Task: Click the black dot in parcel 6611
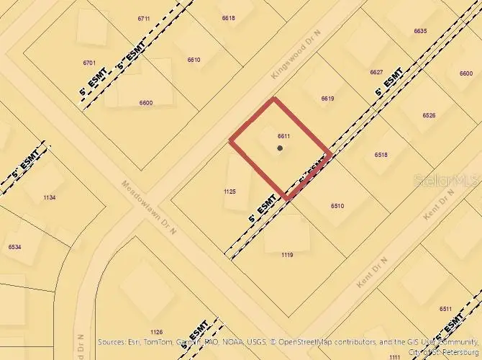280,148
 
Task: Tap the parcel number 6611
283,135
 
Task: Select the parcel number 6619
327,99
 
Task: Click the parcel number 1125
230,192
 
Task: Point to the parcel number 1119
287,255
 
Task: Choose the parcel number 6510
337,206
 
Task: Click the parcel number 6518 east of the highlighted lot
381,155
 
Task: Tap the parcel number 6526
429,115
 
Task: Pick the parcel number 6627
376,72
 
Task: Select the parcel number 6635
420,31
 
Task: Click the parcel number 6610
194,60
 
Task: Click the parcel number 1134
49,197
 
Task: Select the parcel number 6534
14,247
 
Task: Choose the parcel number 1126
157,332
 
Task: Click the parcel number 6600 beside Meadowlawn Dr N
146,103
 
